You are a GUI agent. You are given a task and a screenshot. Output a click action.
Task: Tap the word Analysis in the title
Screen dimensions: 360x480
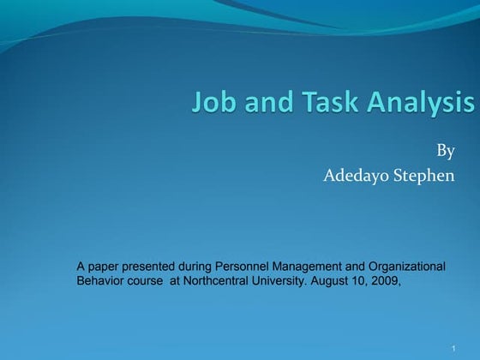click(421, 104)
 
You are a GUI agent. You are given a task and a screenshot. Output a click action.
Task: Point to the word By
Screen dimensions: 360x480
click(446, 152)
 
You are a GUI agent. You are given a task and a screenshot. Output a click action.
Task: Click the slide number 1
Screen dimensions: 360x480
click(452, 347)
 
